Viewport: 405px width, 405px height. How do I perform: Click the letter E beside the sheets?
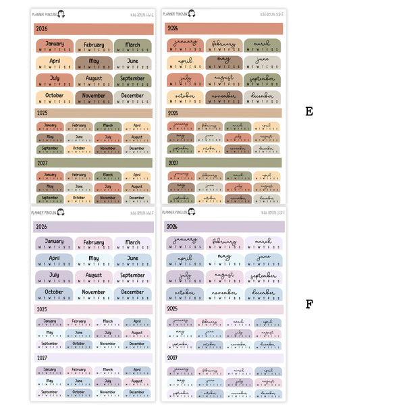[308, 111]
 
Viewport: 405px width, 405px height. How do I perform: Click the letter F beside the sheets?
[308, 304]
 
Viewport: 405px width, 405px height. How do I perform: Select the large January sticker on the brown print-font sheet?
[54, 47]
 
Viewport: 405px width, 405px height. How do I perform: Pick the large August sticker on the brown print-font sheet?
[94, 80]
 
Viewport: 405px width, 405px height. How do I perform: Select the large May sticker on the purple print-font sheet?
[94, 261]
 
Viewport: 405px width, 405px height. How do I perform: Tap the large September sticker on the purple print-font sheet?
[132, 277]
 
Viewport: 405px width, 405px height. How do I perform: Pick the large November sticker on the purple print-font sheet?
[94, 294]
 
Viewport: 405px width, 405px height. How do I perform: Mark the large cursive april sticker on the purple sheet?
[185, 261]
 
